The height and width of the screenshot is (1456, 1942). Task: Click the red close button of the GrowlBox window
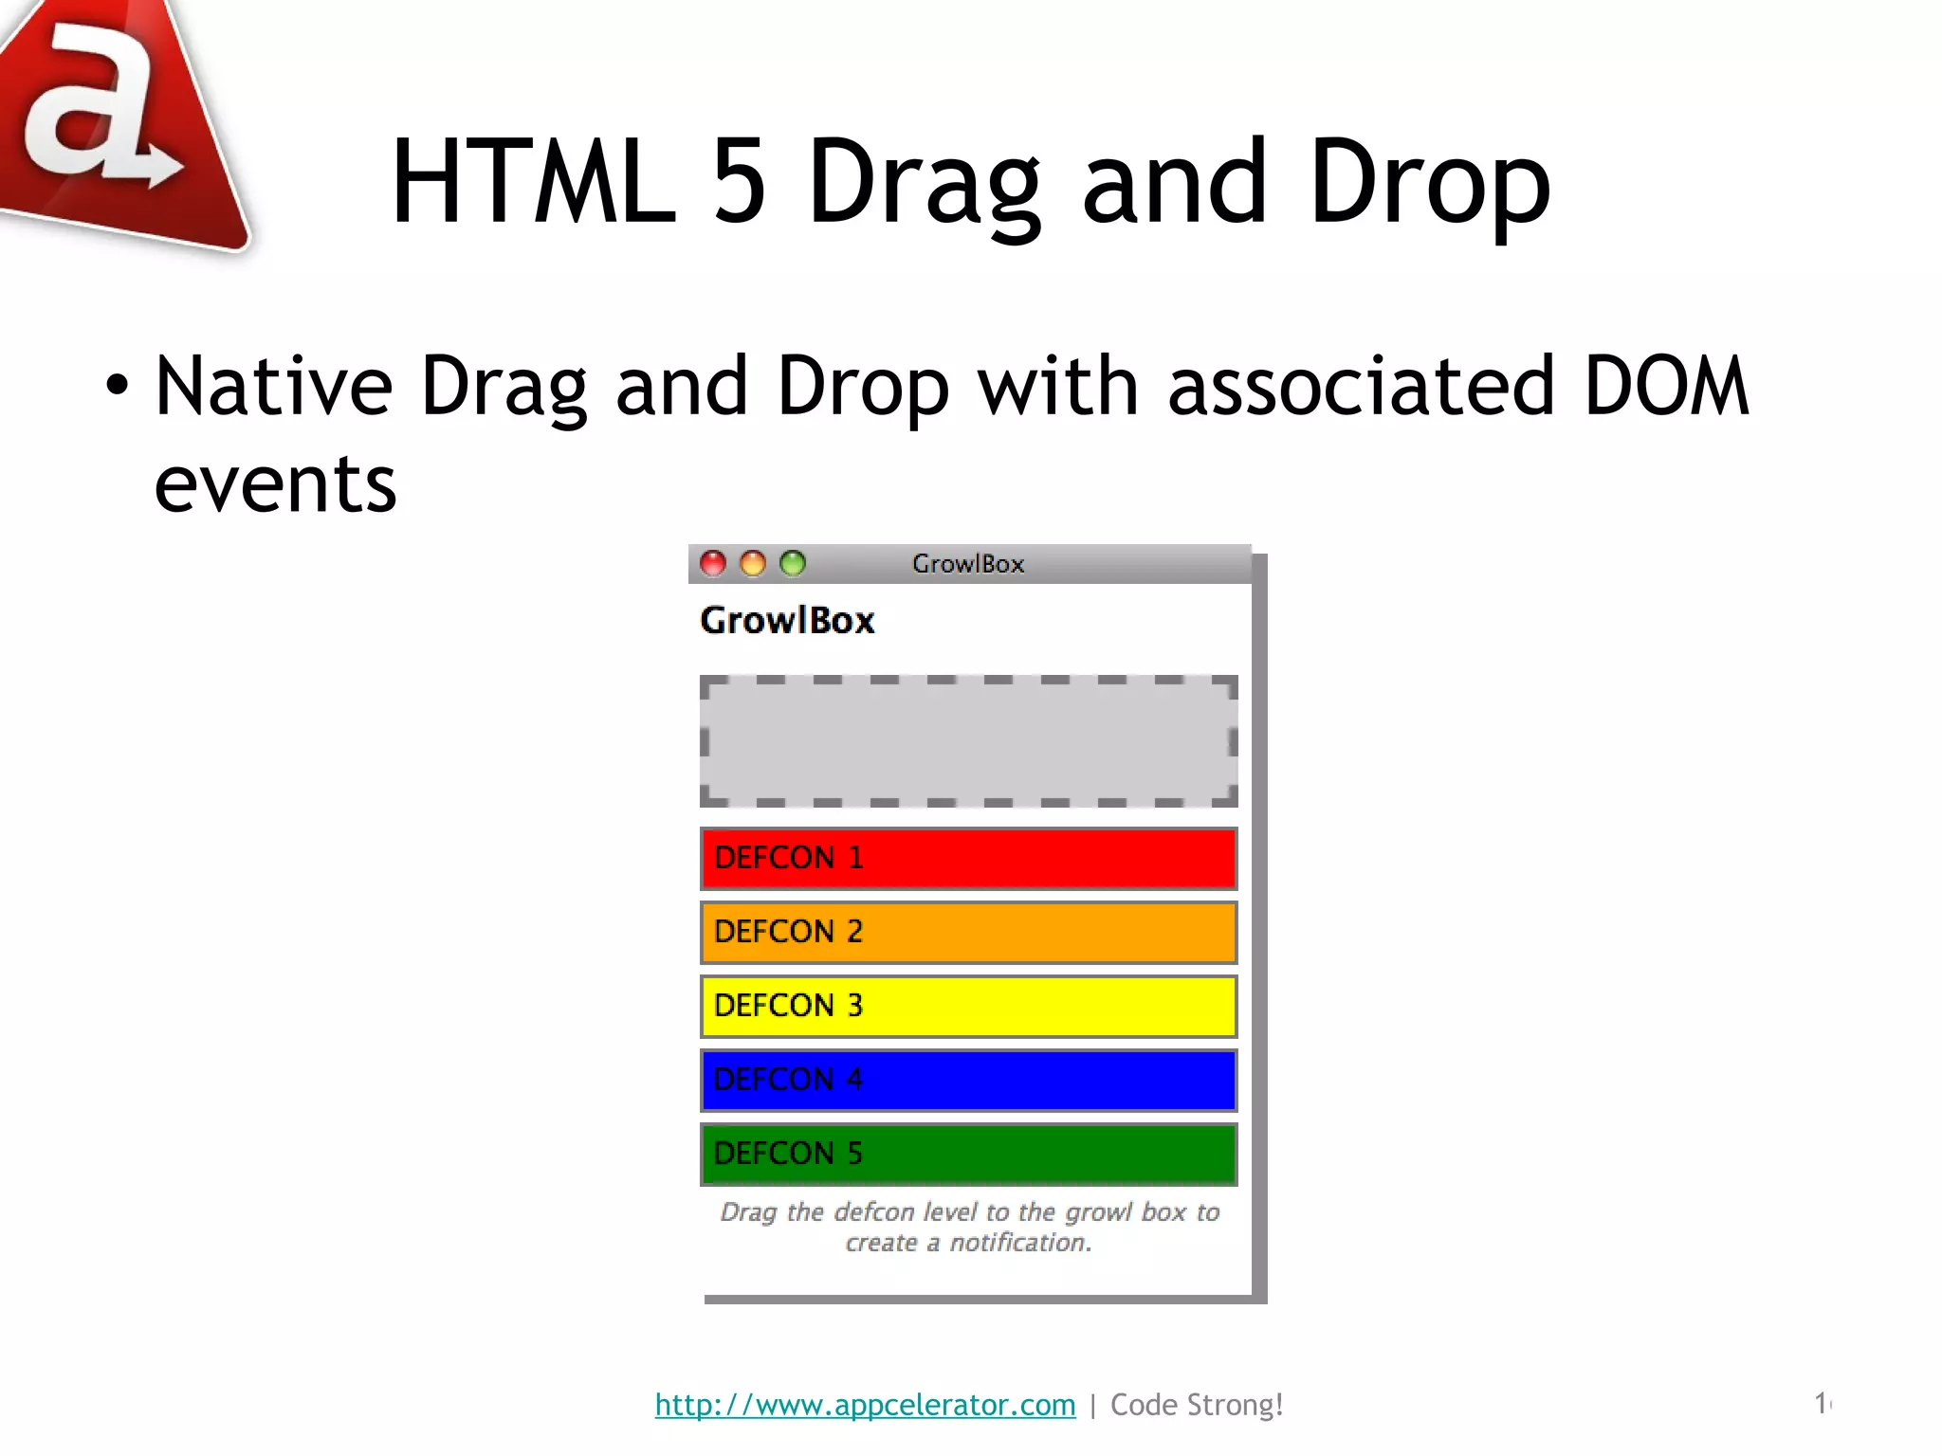click(713, 564)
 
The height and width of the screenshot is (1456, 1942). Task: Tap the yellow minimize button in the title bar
click(753, 564)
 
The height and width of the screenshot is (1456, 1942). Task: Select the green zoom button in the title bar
click(793, 564)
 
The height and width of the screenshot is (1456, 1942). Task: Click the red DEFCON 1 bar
click(968, 859)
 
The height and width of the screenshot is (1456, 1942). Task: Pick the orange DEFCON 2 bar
click(968, 933)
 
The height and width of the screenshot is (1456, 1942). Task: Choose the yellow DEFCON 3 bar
click(968, 1007)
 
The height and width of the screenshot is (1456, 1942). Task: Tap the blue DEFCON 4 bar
click(968, 1081)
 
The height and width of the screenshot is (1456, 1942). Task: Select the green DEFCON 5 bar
click(968, 1155)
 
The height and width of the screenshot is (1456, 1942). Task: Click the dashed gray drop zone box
click(968, 741)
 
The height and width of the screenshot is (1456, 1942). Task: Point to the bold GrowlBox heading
click(787, 621)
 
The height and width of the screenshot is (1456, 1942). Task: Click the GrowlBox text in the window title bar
click(968, 564)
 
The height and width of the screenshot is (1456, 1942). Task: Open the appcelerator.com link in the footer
click(865, 1405)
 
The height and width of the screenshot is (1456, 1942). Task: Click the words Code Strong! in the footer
click(1197, 1405)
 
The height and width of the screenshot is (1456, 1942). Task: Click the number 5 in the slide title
click(739, 182)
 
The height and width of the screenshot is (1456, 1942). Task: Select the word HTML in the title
click(534, 182)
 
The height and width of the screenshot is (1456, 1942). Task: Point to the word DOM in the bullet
click(1666, 386)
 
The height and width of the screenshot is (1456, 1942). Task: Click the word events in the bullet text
click(275, 485)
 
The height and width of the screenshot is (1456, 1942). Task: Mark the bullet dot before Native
click(117, 386)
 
